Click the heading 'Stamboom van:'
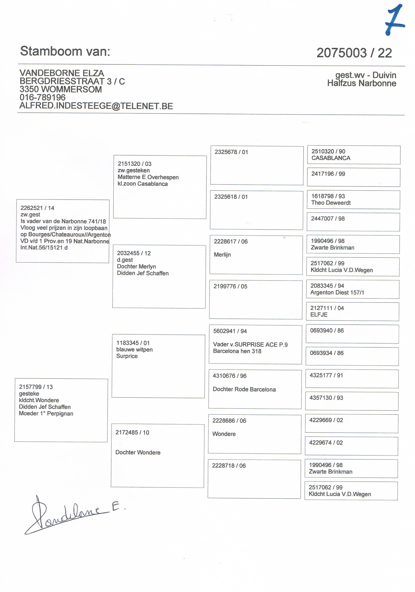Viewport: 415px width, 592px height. (x=65, y=51)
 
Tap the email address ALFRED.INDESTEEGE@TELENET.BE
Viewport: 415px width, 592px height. (x=96, y=106)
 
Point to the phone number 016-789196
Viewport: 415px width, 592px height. (x=43, y=98)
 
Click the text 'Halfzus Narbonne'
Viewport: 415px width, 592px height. (x=362, y=83)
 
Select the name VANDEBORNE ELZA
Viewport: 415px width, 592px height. (x=62, y=73)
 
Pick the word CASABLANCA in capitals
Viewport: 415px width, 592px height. (x=331, y=158)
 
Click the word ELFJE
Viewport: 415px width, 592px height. (x=319, y=315)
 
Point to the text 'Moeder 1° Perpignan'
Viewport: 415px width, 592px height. (x=46, y=414)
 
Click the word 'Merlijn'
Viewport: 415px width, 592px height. (x=222, y=255)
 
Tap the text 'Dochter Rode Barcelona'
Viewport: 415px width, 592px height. (x=244, y=389)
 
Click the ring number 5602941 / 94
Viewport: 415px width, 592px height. (x=230, y=331)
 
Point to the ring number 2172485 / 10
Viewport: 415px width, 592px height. (x=132, y=432)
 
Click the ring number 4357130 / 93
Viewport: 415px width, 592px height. (x=326, y=398)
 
